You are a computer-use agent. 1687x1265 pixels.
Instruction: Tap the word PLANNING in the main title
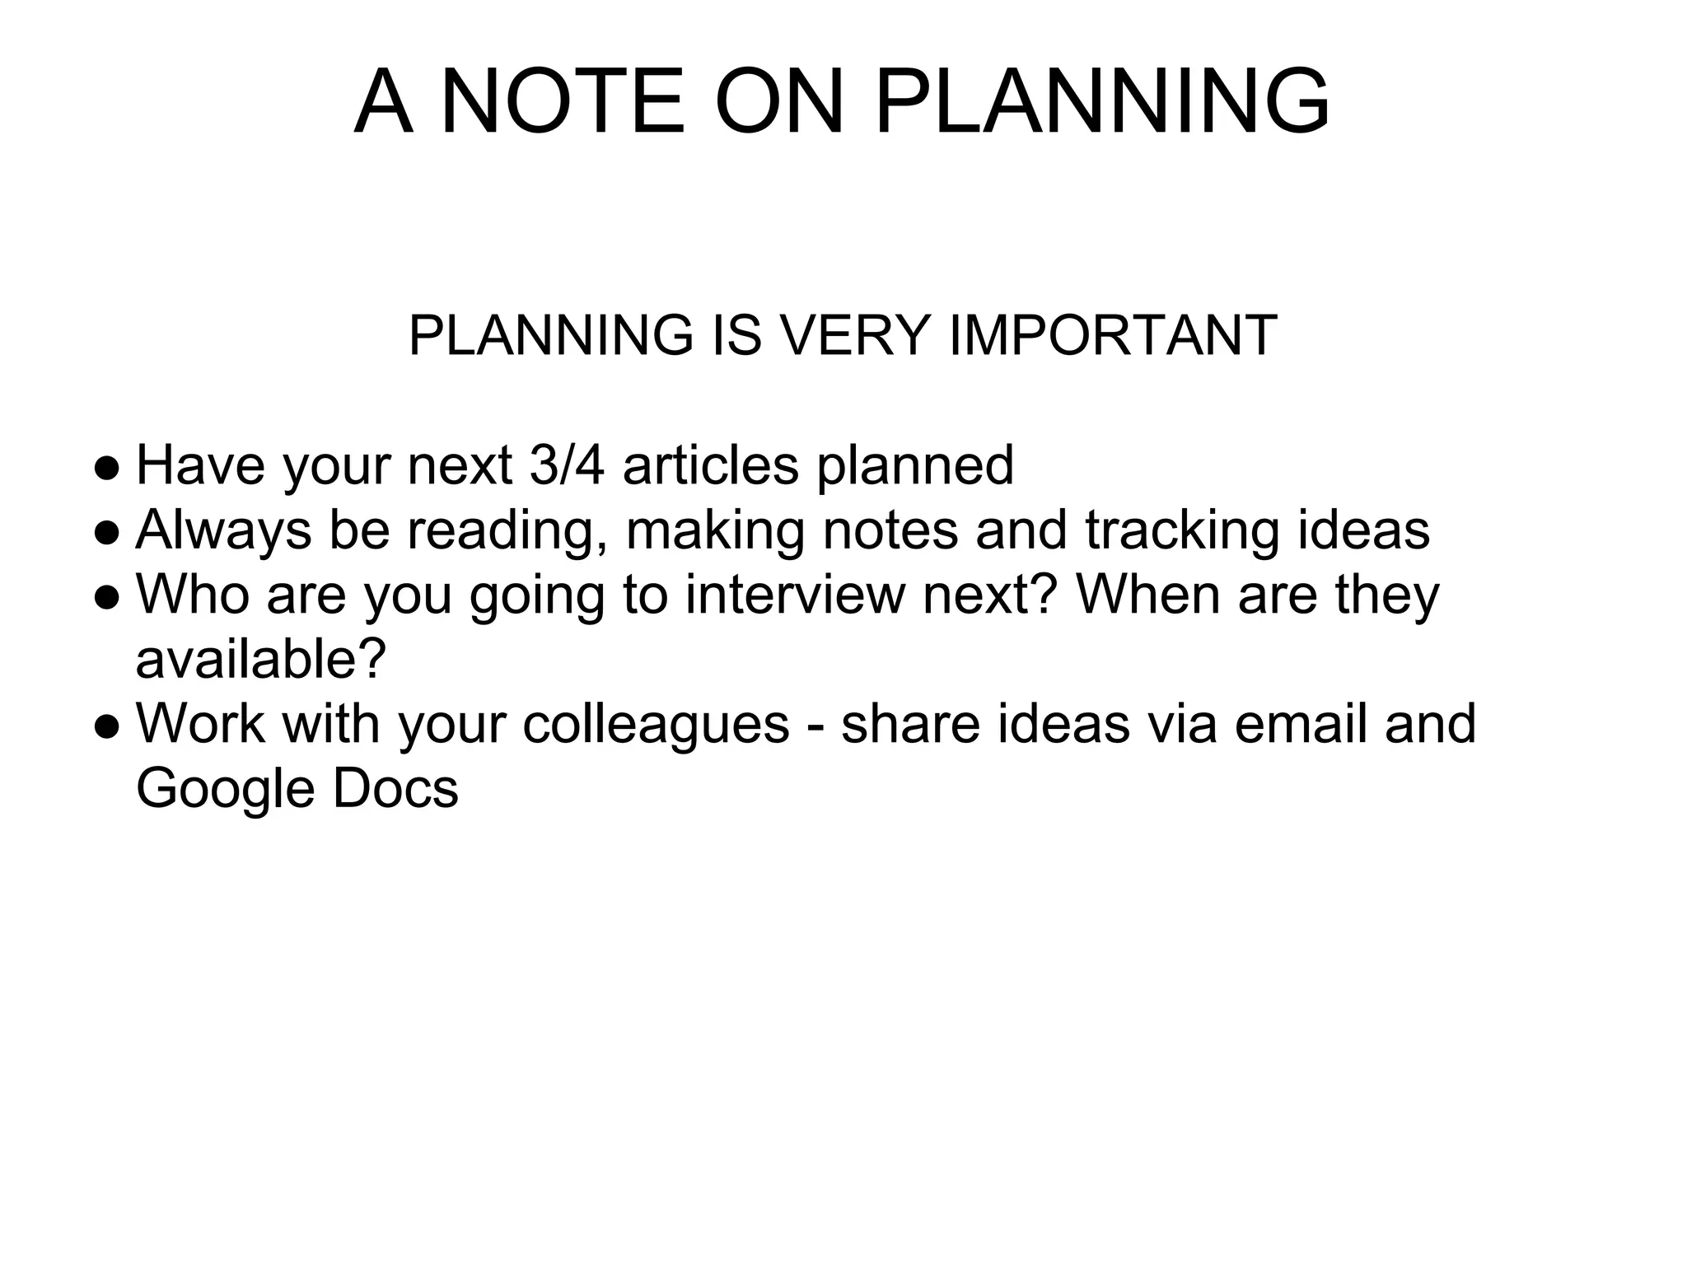pos(1102,102)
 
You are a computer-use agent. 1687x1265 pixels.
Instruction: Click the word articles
pos(711,465)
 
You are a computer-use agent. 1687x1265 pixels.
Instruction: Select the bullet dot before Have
pos(107,469)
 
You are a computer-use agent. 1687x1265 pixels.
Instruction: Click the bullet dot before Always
pos(107,533)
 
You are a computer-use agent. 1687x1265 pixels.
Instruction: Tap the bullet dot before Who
pos(107,598)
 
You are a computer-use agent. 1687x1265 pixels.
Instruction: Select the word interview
pos(794,595)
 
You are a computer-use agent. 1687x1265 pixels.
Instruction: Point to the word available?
pos(261,659)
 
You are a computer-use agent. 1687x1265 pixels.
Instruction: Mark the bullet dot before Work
pos(107,727)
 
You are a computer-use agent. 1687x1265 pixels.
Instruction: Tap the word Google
pos(225,790)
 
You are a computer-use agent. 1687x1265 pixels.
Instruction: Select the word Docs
pos(395,788)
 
